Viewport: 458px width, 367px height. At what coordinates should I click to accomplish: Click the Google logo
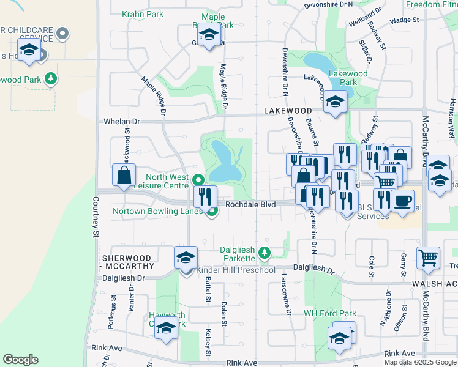coord(20,360)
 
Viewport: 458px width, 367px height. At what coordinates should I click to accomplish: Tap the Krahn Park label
coord(143,14)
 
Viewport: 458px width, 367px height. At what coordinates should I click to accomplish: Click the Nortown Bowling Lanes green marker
coord(212,212)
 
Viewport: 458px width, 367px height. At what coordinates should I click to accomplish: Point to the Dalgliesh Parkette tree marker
coord(264,252)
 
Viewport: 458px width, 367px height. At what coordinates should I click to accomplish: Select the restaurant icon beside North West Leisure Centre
coord(205,196)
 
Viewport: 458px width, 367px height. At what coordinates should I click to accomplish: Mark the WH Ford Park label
coord(330,313)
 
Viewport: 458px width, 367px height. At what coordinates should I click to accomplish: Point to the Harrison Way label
coord(452,116)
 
